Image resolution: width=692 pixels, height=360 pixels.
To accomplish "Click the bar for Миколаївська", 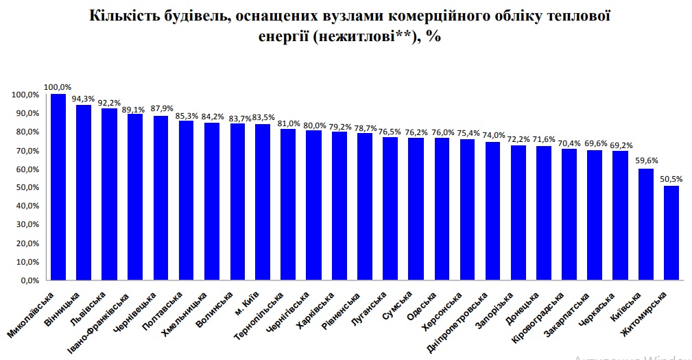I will click(x=58, y=187).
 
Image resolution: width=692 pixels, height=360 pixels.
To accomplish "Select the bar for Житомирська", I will click(x=671, y=232).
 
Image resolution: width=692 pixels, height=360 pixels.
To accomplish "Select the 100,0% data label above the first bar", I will click(x=58, y=87).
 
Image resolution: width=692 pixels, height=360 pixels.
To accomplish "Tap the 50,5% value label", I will click(x=672, y=180).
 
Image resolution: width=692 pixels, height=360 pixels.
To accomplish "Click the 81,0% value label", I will click(x=289, y=123).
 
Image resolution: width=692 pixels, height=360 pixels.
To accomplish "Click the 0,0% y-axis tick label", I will click(x=29, y=280).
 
